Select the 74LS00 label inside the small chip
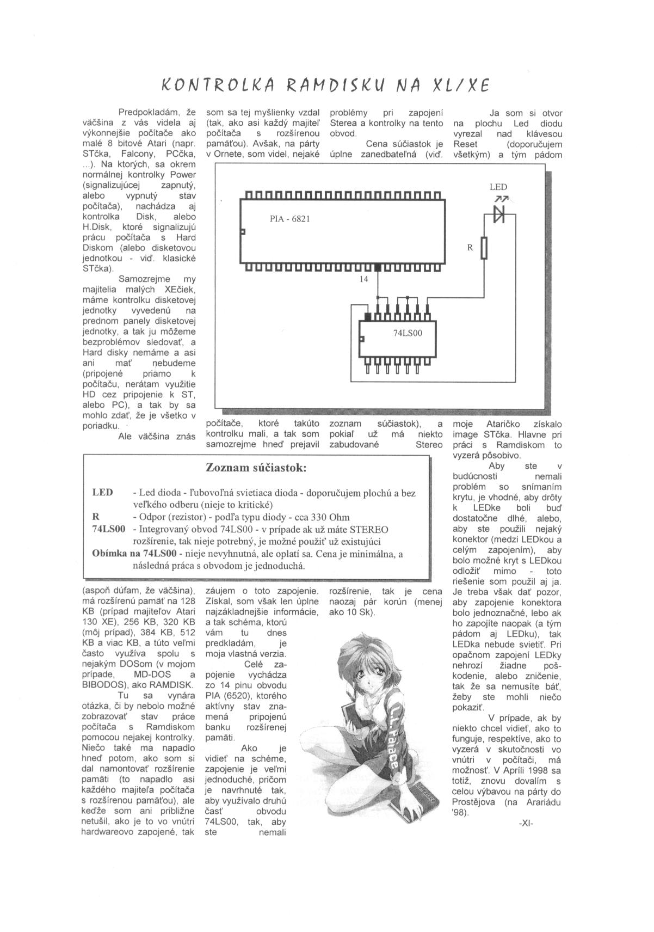coord(408,333)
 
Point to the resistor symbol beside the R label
coord(484,248)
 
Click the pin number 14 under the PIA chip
coord(363,279)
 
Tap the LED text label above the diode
coord(498,187)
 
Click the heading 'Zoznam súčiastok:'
coord(256,468)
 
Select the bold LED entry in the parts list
coord(103,493)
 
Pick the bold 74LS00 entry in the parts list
coord(109,529)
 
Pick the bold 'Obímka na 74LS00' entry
coord(135,554)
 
